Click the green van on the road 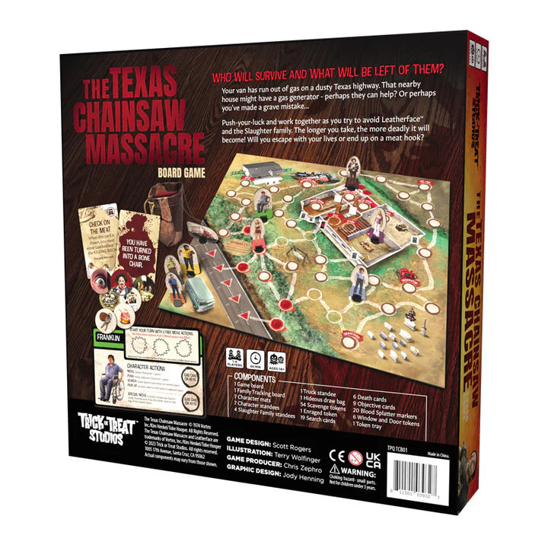196,288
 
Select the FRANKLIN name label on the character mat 107,335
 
